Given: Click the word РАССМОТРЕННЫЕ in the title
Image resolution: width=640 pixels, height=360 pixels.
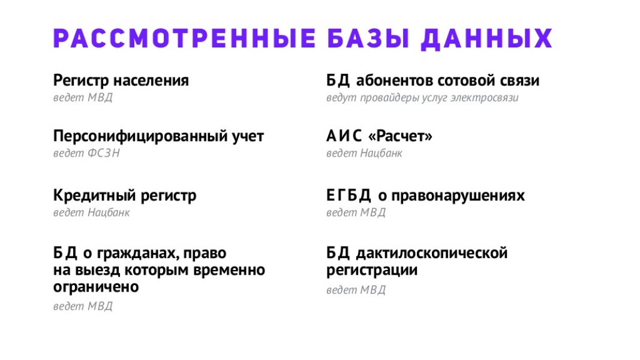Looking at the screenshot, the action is (185, 39).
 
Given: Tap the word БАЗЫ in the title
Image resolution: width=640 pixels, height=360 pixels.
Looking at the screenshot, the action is (368, 39).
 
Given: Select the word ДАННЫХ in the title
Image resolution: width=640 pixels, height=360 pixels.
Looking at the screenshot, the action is (486, 40).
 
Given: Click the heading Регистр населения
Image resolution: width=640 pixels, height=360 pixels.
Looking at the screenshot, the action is (121, 80).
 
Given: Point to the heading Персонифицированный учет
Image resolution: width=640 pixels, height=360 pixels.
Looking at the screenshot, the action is (158, 136).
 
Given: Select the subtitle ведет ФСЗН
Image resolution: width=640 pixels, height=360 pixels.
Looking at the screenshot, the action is (86, 153).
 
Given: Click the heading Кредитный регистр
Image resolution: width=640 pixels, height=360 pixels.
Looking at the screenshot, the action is (125, 196).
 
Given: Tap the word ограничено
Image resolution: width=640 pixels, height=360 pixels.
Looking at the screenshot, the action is (96, 287).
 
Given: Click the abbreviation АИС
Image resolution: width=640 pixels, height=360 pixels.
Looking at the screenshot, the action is (344, 136).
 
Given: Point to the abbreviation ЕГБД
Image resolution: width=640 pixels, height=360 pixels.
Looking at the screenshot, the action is (348, 196).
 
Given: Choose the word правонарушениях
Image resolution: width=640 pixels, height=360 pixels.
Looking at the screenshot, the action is (458, 196).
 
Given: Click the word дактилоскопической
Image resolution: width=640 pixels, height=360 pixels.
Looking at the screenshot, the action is (432, 253).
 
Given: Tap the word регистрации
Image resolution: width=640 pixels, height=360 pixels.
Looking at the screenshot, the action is (372, 271).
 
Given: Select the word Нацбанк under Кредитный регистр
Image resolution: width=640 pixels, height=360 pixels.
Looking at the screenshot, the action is (109, 212).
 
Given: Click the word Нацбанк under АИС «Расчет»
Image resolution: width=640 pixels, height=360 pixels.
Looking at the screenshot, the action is (381, 154).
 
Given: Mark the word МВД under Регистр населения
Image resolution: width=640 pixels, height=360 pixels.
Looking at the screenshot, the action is (100, 98).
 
